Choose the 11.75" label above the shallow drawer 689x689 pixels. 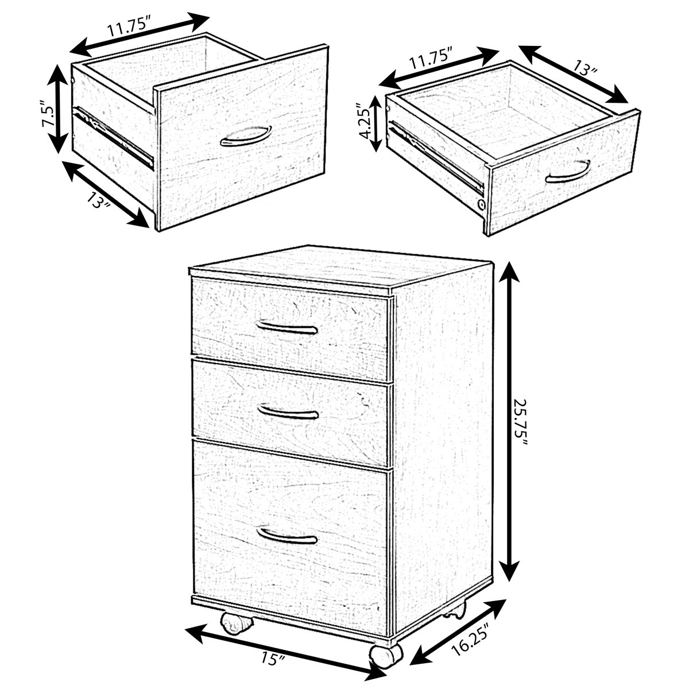pos(430,57)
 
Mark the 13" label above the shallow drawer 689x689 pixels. pos(585,69)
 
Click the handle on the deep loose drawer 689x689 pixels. pos(245,136)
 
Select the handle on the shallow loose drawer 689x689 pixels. pos(568,172)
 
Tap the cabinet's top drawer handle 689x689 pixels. pos(287,328)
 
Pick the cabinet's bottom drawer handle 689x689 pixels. pos(287,536)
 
